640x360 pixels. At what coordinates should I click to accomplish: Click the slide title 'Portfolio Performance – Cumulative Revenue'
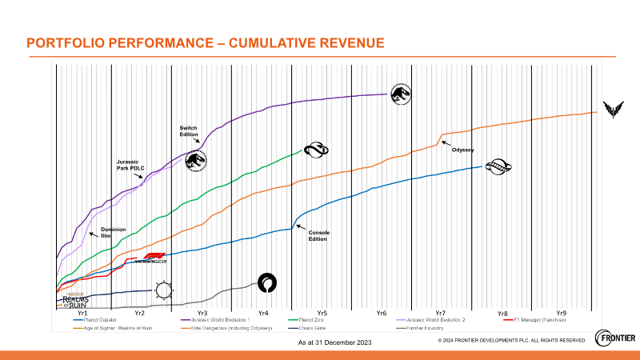point(205,43)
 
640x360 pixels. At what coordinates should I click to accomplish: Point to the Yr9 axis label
point(561,312)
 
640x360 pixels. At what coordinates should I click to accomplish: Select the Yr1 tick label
point(82,312)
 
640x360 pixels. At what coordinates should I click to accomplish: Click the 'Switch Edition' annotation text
point(188,130)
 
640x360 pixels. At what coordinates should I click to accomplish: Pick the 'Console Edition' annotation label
point(319,235)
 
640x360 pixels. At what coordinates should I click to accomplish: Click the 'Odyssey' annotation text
point(462,150)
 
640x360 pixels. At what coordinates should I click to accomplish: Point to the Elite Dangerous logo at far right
point(613,110)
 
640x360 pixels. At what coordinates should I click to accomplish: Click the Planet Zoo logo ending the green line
point(314,150)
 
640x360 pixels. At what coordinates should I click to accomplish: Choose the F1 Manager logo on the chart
point(150,258)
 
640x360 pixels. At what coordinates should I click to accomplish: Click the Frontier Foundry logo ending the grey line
point(267,282)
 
